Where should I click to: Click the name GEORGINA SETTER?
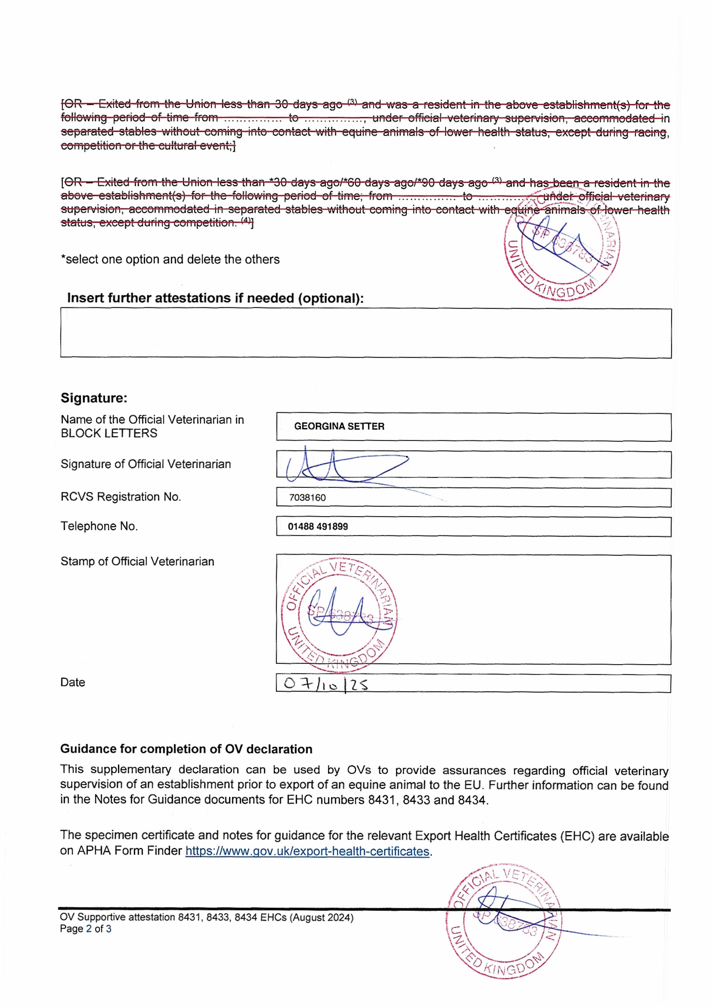point(339,426)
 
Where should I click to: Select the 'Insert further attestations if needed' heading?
point(215,298)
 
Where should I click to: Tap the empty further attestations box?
point(366,333)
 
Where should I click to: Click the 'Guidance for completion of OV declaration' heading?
point(186,749)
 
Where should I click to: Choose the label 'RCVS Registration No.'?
point(121,497)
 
